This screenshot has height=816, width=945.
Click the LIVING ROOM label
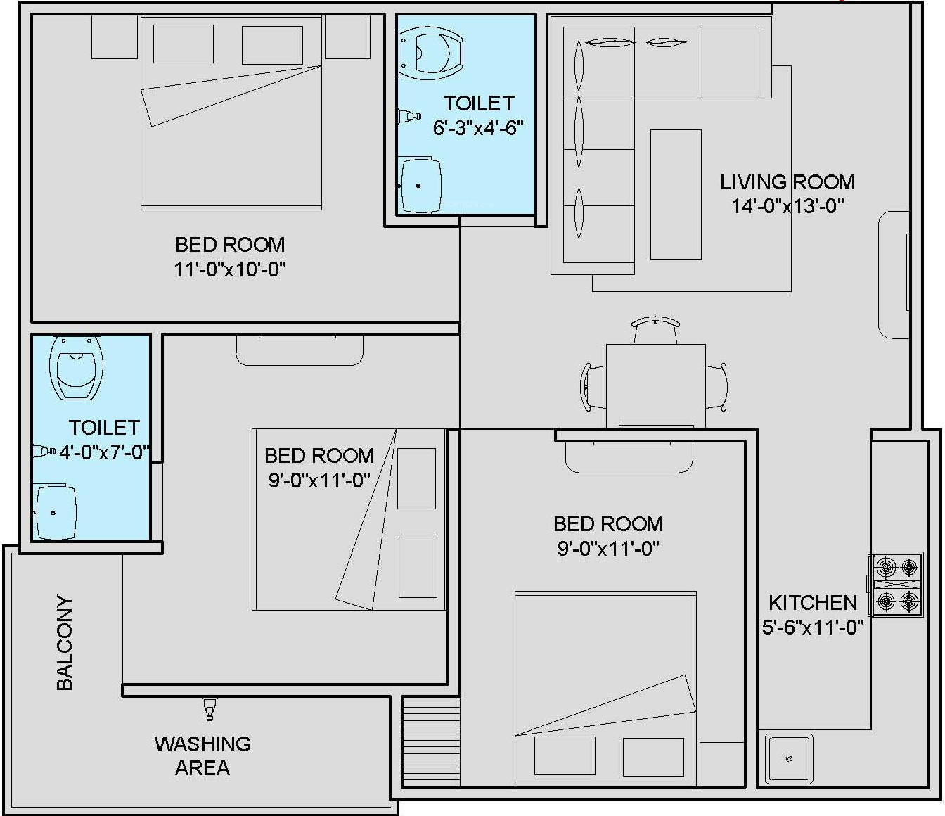(787, 182)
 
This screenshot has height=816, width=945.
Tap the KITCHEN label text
(812, 603)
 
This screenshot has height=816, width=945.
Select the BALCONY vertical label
(65, 643)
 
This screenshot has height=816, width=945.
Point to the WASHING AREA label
(202, 756)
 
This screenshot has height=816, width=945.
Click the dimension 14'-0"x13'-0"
(787, 206)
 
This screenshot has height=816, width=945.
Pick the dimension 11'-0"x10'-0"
(229, 269)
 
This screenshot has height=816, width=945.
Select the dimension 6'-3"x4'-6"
(477, 127)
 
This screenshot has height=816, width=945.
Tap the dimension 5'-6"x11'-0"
(812, 627)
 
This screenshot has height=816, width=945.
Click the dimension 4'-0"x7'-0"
(105, 452)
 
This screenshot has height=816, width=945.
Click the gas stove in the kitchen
(895, 584)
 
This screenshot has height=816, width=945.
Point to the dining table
(655, 385)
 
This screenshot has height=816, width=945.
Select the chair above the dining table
(655, 330)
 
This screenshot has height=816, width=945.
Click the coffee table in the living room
(676, 194)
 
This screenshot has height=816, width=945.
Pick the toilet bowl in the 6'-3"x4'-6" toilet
(431, 53)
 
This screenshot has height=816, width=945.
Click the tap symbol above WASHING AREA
(210, 709)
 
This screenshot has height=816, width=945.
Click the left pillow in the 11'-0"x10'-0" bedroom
(183, 44)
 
